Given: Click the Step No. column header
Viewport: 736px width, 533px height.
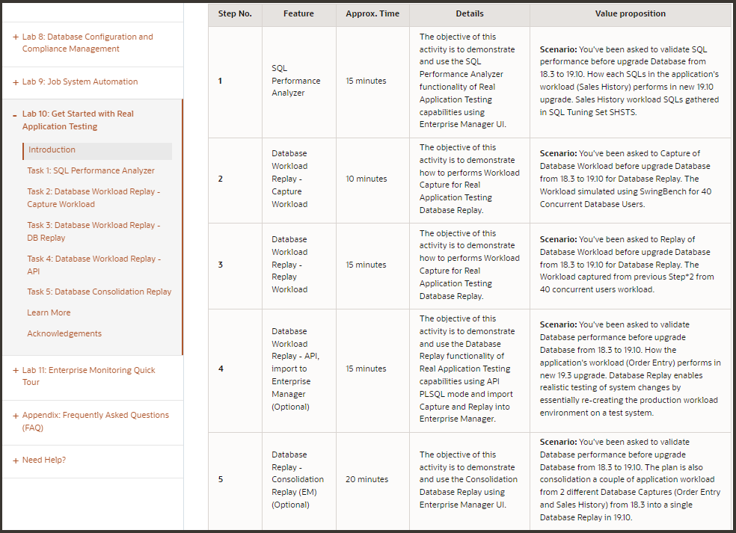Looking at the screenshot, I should click(x=234, y=13).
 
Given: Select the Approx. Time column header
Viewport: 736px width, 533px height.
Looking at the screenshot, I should click(x=372, y=13).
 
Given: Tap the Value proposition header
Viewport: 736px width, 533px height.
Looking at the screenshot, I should click(x=630, y=13).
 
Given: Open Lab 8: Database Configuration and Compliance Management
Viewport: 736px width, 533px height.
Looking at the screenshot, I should click(x=87, y=43).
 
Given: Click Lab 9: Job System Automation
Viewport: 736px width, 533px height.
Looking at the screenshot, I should click(x=79, y=81).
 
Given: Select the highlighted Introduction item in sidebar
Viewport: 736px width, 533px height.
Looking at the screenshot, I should click(x=52, y=150).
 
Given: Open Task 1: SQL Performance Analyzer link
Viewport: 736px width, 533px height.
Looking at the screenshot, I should click(x=91, y=170).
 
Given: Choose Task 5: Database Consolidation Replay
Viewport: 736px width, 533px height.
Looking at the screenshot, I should click(x=99, y=292).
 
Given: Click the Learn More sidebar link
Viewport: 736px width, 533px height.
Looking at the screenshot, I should click(x=49, y=312).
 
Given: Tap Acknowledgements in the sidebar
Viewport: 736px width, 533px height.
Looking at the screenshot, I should click(x=64, y=333).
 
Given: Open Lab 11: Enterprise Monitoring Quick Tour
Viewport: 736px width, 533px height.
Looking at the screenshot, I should click(x=88, y=376).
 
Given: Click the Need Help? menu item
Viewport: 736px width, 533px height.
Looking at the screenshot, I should click(x=43, y=460).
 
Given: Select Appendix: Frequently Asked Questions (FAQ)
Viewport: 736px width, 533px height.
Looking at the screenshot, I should click(x=95, y=421).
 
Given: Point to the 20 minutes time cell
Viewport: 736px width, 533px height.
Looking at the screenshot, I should click(x=367, y=479).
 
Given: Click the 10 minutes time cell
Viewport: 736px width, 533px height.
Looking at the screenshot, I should click(x=367, y=179).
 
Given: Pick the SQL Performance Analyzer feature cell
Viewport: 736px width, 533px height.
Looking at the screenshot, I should click(x=295, y=81).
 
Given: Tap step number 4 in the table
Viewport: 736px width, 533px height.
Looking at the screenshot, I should click(x=221, y=369).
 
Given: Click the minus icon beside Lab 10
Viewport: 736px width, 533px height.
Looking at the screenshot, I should click(x=15, y=114).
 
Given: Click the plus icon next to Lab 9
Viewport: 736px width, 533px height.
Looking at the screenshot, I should click(x=15, y=82).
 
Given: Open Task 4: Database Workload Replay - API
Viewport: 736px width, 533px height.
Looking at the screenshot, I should click(x=93, y=265).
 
